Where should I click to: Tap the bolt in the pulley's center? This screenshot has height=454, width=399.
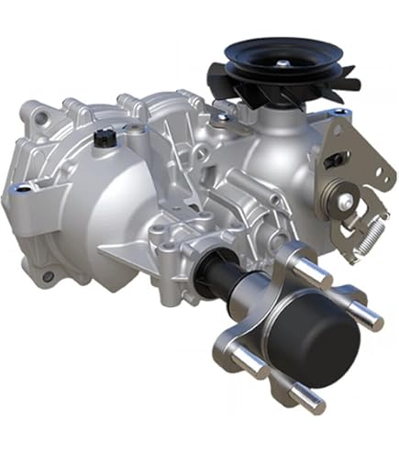coord(283,61)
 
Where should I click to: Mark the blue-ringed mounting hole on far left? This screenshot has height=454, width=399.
coord(20,188)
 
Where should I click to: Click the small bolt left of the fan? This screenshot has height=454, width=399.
coord(221,116)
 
